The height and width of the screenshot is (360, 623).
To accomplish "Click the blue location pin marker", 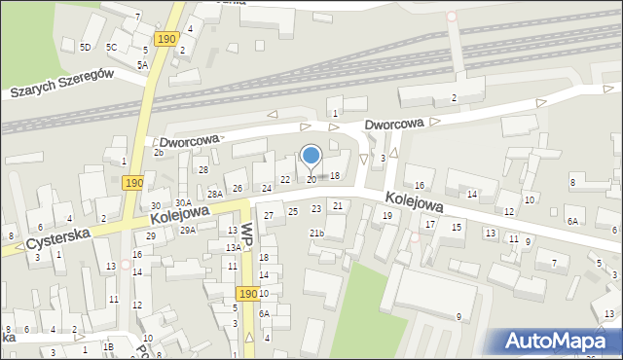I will (311, 156).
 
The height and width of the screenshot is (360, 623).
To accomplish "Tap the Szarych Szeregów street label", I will (63, 84).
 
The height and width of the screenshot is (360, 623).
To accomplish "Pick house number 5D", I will (86, 47).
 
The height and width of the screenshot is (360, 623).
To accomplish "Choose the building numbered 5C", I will (112, 47).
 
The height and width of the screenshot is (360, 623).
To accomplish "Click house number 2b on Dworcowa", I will (158, 152).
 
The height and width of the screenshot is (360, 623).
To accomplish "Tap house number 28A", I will (214, 195).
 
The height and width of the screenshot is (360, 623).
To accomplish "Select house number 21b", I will (316, 233).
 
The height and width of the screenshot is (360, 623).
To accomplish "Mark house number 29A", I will (188, 230).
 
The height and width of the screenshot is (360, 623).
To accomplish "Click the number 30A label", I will (183, 202).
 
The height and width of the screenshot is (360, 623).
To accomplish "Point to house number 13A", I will (234, 247).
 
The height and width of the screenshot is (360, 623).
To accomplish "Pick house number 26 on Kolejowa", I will (238, 188).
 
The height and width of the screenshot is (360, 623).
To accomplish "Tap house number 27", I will (269, 215).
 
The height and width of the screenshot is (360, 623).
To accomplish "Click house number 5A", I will (142, 64).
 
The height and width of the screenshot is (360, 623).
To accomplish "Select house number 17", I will (429, 224).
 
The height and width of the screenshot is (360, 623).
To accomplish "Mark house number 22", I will (285, 180).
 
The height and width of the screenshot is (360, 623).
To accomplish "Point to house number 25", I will (293, 211).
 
